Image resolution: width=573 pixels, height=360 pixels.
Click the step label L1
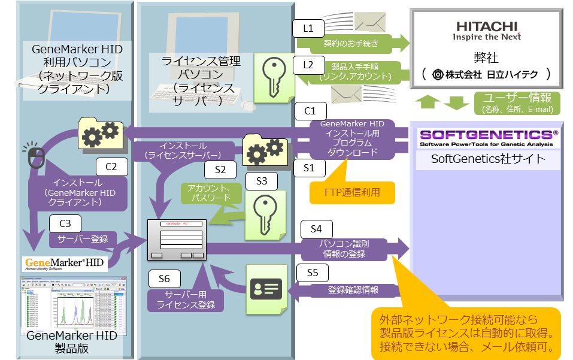pyautogui.click(x=308, y=28)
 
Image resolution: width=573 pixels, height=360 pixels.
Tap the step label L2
pyautogui.click(x=308, y=64)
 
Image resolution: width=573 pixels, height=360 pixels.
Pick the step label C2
pyautogui.click(x=111, y=167)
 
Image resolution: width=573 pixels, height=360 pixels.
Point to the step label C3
pyautogui.click(x=65, y=223)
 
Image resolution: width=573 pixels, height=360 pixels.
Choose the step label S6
pyautogui.click(x=164, y=279)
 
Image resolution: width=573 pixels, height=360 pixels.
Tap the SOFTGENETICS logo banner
pyautogui.click(x=487, y=138)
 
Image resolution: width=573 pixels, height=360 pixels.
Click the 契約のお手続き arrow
pyautogui.click(x=353, y=43)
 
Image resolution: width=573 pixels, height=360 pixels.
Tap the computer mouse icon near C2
pyautogui.click(x=36, y=158)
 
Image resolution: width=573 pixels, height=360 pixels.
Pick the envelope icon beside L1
pyautogui.click(x=369, y=22)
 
